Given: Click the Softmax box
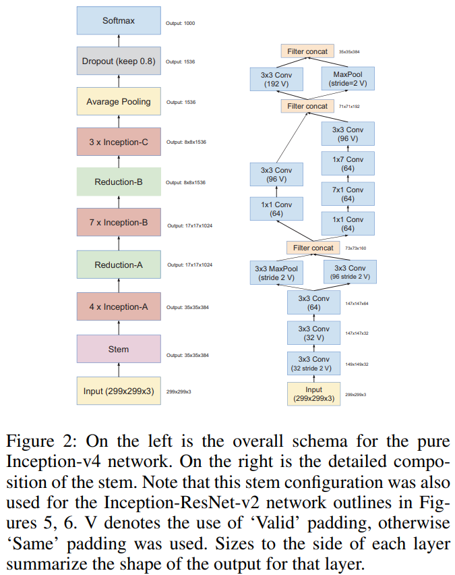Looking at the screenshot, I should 119,21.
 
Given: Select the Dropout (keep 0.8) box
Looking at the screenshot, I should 119,61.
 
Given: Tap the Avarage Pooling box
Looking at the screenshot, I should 119,102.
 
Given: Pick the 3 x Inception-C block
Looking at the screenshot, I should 119,142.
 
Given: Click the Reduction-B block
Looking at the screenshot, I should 119,182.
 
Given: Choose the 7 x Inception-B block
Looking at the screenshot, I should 119,222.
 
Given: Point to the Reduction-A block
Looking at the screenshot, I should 119,265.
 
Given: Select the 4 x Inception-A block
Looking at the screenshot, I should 119,307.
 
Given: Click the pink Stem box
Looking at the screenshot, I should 119,350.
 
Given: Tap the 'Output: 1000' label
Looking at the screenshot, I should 180,24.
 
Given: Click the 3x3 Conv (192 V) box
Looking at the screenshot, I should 276,79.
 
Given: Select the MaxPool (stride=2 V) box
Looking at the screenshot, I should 348,79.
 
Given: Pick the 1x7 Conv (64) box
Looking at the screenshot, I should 348,165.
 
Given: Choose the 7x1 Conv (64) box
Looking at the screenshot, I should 348,194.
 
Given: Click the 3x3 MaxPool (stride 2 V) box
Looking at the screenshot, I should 276,273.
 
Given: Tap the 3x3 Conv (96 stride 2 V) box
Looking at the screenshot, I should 350,273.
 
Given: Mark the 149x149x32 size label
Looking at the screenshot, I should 357,364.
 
